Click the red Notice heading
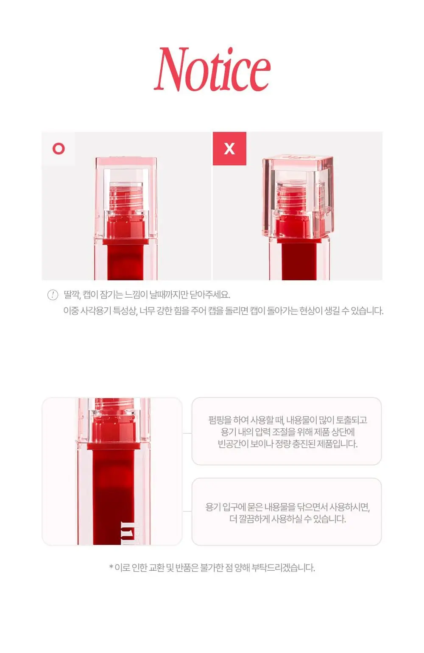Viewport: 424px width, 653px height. pos(212,70)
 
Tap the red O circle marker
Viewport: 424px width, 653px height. pos(59,149)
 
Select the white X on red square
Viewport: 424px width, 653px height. pos(229,149)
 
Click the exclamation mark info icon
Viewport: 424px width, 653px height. pos(53,295)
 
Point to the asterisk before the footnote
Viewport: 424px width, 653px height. pos(111,566)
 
